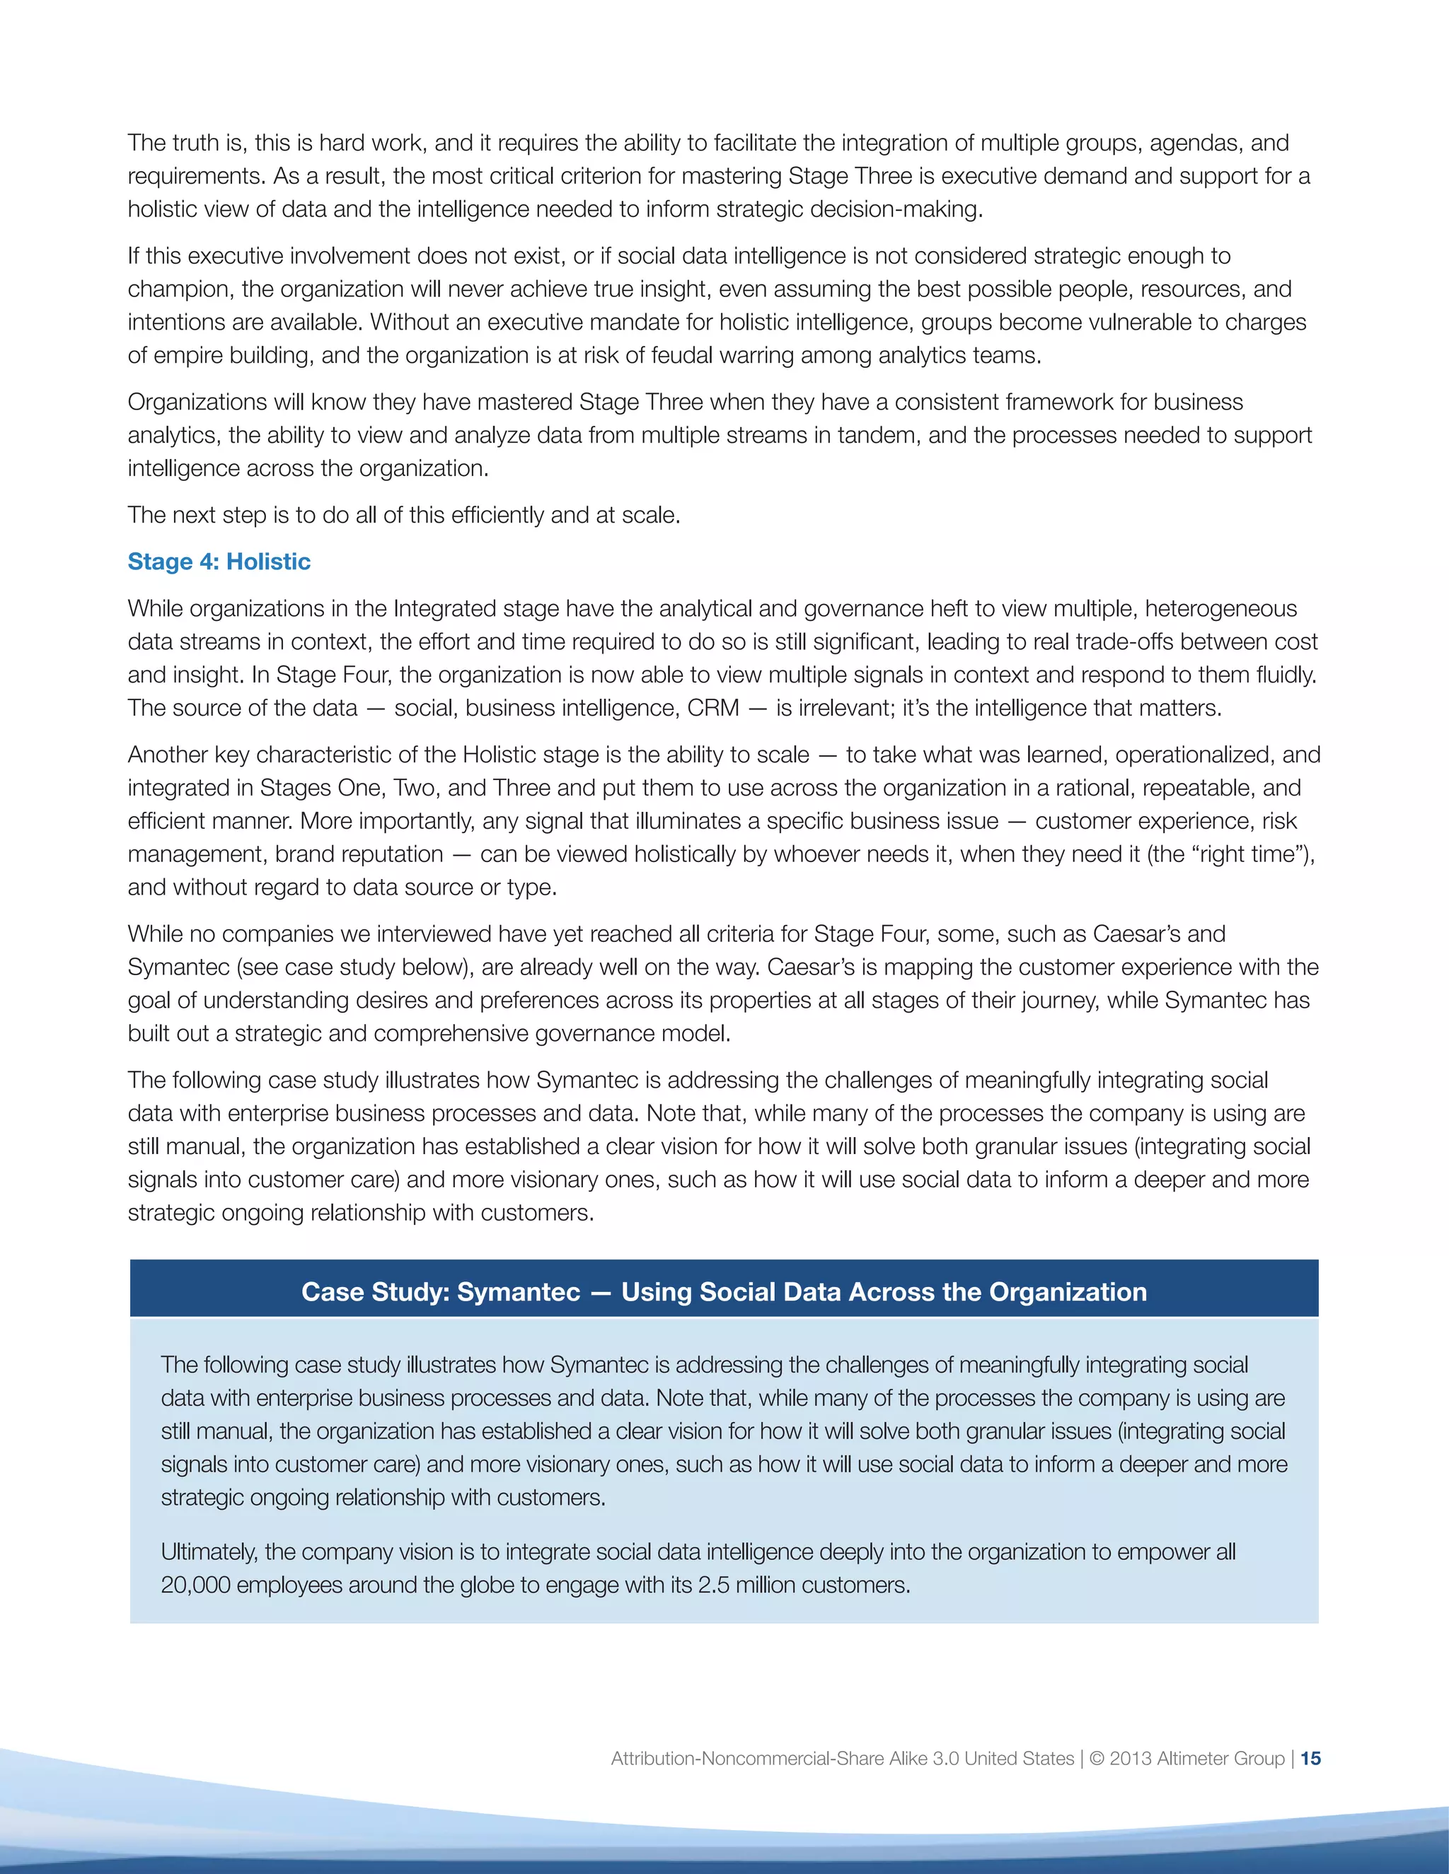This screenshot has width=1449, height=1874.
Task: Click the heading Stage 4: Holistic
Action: (219, 561)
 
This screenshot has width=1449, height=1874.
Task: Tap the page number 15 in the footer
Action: (1311, 1758)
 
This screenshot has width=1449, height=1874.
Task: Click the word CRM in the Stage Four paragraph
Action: (712, 708)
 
